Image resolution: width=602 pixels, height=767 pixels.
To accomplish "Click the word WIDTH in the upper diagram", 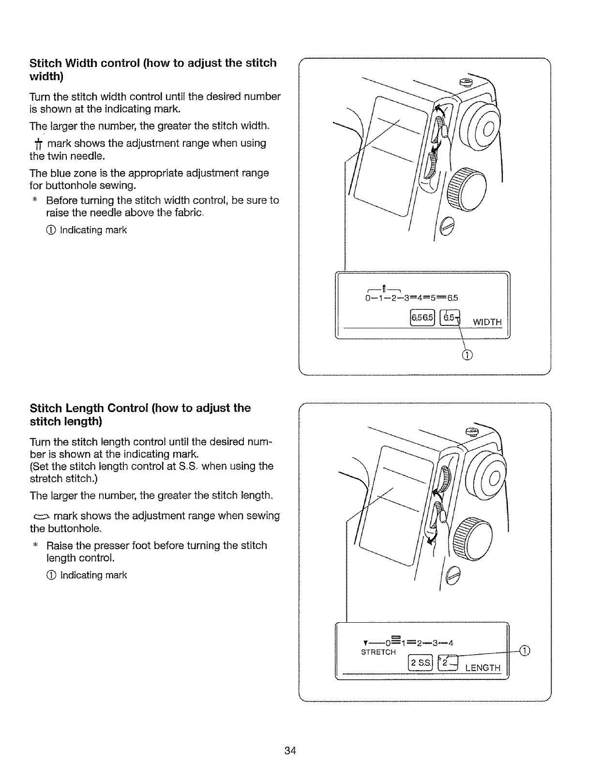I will click(x=487, y=322).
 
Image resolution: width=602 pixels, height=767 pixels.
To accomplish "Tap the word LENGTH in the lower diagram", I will click(x=482, y=668).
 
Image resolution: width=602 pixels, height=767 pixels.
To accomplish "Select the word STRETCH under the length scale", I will click(x=378, y=652).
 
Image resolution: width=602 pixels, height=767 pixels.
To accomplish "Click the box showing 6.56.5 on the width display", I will click(x=422, y=318).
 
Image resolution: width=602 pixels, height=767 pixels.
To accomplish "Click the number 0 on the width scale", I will click(x=368, y=297).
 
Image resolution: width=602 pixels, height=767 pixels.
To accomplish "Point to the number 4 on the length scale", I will click(x=451, y=643).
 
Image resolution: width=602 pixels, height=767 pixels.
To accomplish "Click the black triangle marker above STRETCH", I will click(x=364, y=643).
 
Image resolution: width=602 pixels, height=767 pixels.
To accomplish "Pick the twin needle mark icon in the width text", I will click(x=37, y=144).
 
